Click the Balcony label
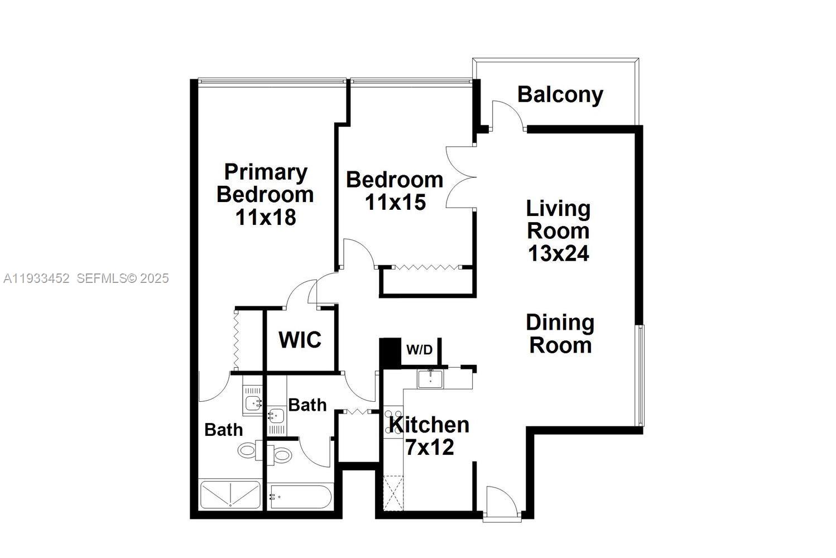coord(560,95)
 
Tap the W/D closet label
coord(419,350)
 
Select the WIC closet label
coord(300,340)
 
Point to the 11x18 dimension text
coord(265,217)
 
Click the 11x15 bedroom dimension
coord(395,202)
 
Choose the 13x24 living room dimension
coord(558,253)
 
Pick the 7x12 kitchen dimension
coord(429,447)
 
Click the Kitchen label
coord(429,425)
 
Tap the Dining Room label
coord(560,334)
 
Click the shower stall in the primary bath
coord(230,495)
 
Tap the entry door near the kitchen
coord(502,502)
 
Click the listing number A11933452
coord(36,278)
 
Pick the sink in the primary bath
coord(253,401)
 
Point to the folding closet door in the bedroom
coord(427,268)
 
